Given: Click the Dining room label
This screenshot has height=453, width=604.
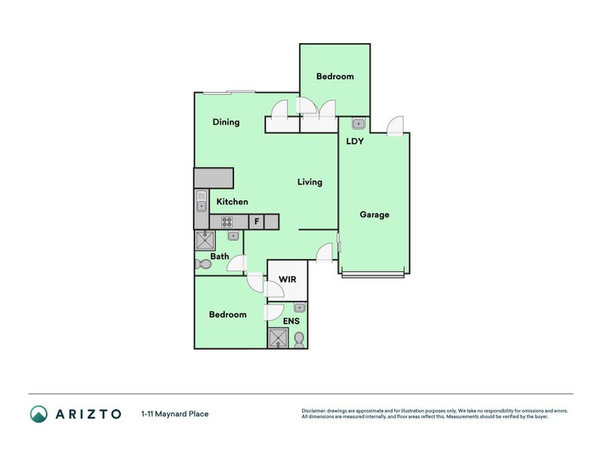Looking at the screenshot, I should pyautogui.click(x=226, y=122).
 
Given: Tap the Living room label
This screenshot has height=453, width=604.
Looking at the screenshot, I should pyautogui.click(x=310, y=182).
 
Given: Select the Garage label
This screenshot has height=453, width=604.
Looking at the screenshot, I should pyautogui.click(x=374, y=214).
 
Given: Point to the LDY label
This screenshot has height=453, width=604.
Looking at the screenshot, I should pyautogui.click(x=355, y=141).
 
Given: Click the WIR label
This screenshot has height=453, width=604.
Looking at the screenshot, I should pyautogui.click(x=288, y=279).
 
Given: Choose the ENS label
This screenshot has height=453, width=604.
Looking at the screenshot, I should pyautogui.click(x=291, y=321).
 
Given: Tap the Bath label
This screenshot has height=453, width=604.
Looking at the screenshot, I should pyautogui.click(x=220, y=256).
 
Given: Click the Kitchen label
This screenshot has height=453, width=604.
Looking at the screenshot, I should pyautogui.click(x=233, y=202).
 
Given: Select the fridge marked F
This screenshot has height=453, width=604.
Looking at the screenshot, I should pyautogui.click(x=257, y=222).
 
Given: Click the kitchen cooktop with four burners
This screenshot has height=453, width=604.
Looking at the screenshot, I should pyautogui.click(x=226, y=222).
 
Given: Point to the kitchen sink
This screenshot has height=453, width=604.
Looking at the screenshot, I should pyautogui.click(x=202, y=202).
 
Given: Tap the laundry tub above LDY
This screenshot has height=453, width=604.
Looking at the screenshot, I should pyautogui.click(x=359, y=124).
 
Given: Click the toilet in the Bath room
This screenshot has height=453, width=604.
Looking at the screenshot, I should pyautogui.click(x=203, y=265).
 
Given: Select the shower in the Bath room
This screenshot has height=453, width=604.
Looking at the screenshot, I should pyautogui.click(x=205, y=240).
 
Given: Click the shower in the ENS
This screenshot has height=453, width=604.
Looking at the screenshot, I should pyautogui.click(x=278, y=337).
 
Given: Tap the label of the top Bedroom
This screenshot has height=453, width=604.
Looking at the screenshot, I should pyautogui.click(x=334, y=76).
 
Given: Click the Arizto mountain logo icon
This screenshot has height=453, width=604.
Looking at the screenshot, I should pyautogui.click(x=39, y=414).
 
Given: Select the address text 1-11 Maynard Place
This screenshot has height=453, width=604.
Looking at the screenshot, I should pyautogui.click(x=174, y=414).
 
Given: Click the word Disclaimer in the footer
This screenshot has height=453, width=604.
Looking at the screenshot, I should pyautogui.click(x=317, y=411).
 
